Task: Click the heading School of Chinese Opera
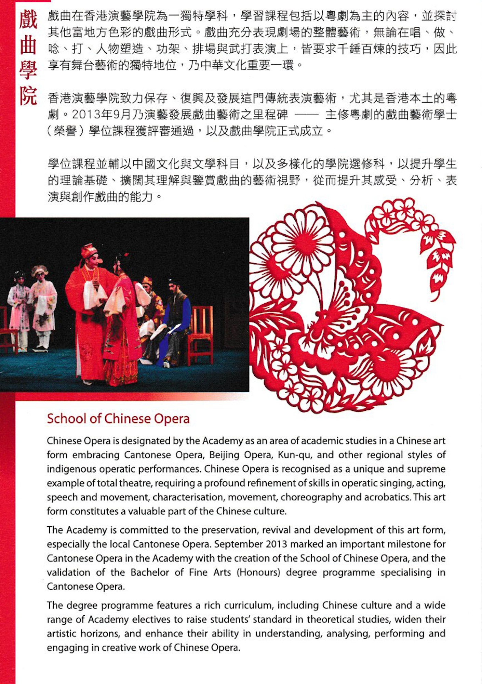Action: pos(118,419)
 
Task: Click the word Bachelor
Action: pos(150,573)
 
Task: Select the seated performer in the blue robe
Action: pos(176,321)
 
